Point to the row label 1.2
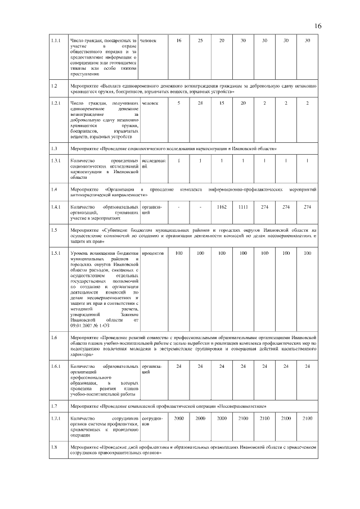pyautogui.click(x=54, y=86)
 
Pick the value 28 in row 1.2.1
pyautogui.click(x=200, y=103)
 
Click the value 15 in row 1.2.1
pyautogui.click(x=222, y=103)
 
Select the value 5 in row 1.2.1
pyautogui.click(x=179, y=103)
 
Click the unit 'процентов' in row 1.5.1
pyautogui.click(x=152, y=254)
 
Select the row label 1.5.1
pyautogui.click(x=55, y=254)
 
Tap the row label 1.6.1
pyautogui.click(x=55, y=366)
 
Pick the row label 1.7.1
pyautogui.click(x=55, y=419)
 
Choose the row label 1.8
pyautogui.click(x=54, y=447)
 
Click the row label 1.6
pyautogui.click(x=54, y=337)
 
